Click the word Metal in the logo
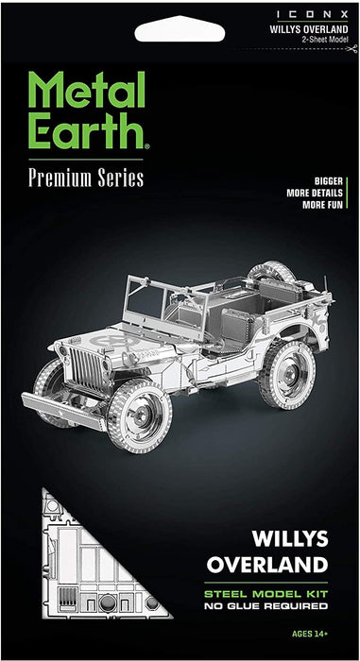(x=87, y=91)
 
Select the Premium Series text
(x=86, y=178)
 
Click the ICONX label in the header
(x=313, y=14)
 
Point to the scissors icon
(x=351, y=49)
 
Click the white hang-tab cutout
(x=180, y=29)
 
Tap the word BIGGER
(x=329, y=181)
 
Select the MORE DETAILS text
(x=315, y=194)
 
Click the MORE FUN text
(x=322, y=205)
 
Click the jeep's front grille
(x=87, y=367)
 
